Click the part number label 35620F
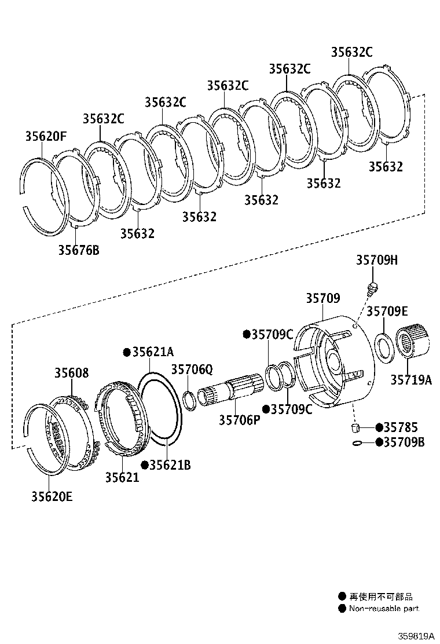(x=46, y=137)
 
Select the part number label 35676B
(x=79, y=250)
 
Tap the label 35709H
(x=376, y=261)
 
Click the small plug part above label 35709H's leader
(x=373, y=286)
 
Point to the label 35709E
(x=387, y=311)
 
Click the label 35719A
(x=410, y=380)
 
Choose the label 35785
(x=403, y=428)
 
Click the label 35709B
(x=404, y=442)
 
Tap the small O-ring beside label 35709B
(x=358, y=443)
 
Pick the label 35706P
(x=239, y=420)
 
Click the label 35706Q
(x=192, y=369)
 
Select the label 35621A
(x=152, y=352)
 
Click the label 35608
(x=72, y=373)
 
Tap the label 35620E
(x=52, y=496)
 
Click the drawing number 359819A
(x=415, y=635)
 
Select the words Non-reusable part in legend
(x=384, y=609)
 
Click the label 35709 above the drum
(x=322, y=298)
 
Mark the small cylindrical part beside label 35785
(x=357, y=428)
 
